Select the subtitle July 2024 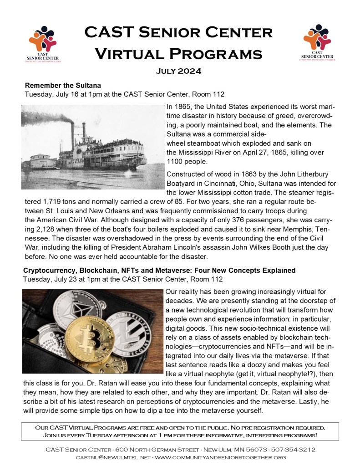(180, 71)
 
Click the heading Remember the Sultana (63, 85)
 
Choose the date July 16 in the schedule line (69, 94)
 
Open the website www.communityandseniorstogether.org (220, 457)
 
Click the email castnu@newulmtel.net (113, 457)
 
